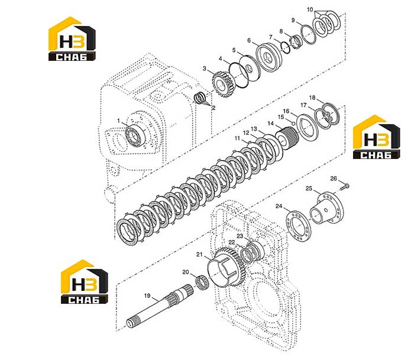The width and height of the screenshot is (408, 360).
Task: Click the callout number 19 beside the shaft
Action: pos(147,296)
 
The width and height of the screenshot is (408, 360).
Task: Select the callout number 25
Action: pos(309,189)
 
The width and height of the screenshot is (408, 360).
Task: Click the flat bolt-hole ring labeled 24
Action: pos(298,226)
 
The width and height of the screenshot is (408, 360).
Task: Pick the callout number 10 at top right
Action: pos(310,9)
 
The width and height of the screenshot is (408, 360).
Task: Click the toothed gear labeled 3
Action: pos(224,85)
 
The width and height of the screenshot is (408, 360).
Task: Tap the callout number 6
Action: pos(249,40)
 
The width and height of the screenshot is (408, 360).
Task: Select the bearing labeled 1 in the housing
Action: pos(135,135)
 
